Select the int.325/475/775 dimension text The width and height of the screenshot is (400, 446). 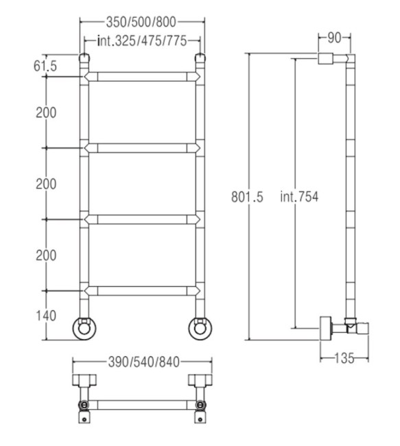(x=142, y=42)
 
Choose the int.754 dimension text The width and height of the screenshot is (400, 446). (x=299, y=197)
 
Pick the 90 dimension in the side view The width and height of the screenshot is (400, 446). (x=334, y=38)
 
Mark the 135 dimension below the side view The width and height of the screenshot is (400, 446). (x=344, y=357)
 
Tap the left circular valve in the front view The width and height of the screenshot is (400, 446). (x=84, y=328)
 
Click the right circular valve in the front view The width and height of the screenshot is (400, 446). (x=200, y=328)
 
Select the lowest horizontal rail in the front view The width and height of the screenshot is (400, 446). (x=142, y=292)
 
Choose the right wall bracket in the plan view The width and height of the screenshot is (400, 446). (x=200, y=381)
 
